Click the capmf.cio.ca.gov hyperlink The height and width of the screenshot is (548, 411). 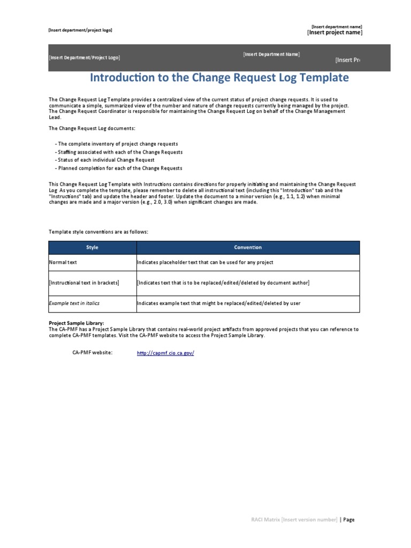165,353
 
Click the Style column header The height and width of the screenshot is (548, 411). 93,247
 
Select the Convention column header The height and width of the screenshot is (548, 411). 248,247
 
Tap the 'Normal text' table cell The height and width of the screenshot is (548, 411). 63,262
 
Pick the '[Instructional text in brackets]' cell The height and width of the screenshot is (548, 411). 84,283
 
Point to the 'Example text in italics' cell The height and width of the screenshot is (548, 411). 74,303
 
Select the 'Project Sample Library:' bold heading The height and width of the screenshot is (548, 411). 77,323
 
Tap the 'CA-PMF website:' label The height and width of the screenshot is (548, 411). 93,353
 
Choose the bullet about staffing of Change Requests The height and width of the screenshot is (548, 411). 120,152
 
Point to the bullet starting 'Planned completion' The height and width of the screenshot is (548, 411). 120,168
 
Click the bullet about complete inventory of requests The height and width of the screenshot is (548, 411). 118,144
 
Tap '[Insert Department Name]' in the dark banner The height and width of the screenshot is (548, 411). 271,54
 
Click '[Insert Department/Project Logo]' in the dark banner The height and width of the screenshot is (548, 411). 85,57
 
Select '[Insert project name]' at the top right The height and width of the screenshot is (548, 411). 334,33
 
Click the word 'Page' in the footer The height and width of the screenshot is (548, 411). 349,520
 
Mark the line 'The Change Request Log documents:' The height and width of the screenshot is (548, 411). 92,128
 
